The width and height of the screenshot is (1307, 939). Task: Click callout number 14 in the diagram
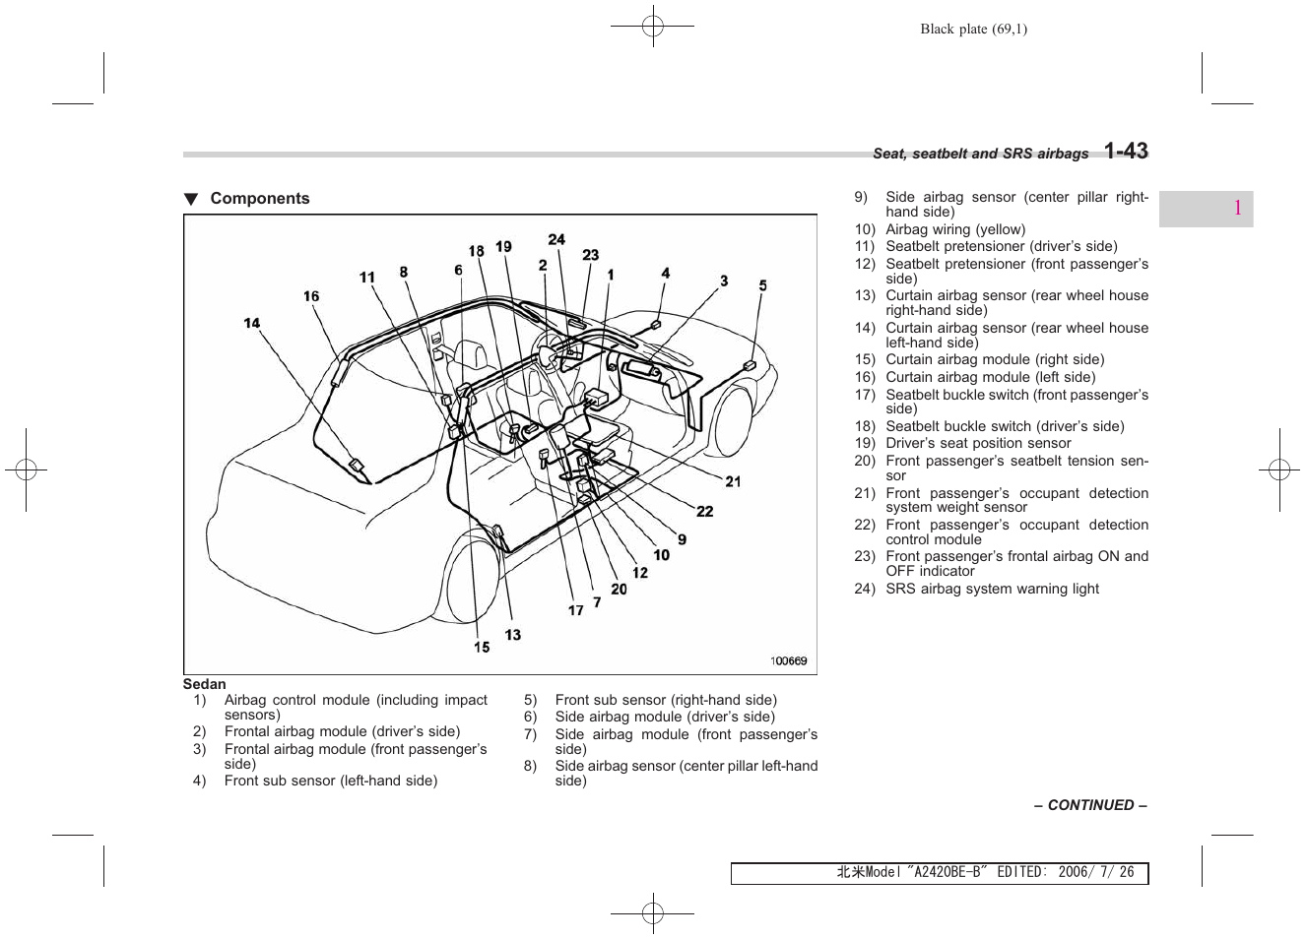click(x=252, y=323)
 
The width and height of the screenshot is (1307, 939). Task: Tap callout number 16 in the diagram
click(x=311, y=296)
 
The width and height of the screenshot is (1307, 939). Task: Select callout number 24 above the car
click(x=556, y=239)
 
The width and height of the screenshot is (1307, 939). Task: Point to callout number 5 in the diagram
click(x=762, y=285)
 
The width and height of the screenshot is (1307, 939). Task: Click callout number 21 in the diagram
click(x=733, y=481)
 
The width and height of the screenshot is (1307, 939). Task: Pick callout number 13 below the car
click(x=512, y=635)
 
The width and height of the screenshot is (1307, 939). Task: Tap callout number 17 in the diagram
click(x=575, y=610)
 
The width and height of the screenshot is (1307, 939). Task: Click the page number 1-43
click(x=1125, y=152)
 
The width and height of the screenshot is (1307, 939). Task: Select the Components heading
click(x=259, y=199)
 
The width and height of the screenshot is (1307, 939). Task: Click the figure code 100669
click(x=788, y=660)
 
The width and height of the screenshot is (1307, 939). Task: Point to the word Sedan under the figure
click(x=205, y=684)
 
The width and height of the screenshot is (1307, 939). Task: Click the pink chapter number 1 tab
click(x=1236, y=209)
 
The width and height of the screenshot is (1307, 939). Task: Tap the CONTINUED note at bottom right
click(x=1089, y=805)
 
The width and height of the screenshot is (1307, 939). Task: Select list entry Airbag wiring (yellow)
click(x=954, y=229)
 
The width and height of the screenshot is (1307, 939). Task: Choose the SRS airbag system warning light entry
click(x=992, y=589)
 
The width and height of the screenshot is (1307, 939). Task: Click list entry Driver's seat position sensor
click(x=977, y=443)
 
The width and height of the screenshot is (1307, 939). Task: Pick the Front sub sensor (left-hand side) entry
click(x=330, y=781)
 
